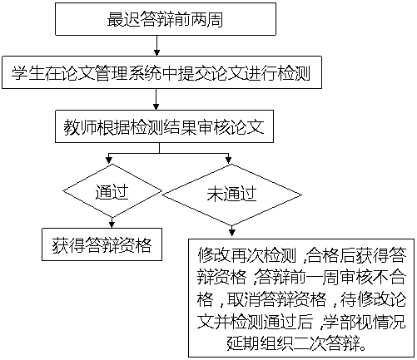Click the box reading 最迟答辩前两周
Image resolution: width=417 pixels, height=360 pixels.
pos(166,19)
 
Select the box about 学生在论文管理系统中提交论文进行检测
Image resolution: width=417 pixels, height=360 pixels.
pos(161,72)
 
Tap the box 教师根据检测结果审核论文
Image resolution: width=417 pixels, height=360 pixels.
pos(164,126)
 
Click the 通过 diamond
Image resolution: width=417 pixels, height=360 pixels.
pos(112,191)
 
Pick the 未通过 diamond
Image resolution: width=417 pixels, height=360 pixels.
pos(231,195)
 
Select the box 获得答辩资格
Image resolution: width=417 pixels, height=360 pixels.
pos(102,244)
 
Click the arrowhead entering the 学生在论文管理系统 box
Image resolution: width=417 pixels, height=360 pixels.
pos(156,52)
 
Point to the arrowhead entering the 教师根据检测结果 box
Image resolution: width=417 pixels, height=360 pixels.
pos(156,106)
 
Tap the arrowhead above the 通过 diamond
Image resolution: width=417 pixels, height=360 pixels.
pos(109,160)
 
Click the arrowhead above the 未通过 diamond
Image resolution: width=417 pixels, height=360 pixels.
pos(229,160)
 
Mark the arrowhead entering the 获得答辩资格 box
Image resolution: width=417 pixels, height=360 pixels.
pos(112,224)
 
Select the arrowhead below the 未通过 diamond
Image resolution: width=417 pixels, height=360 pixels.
pos(232,233)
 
